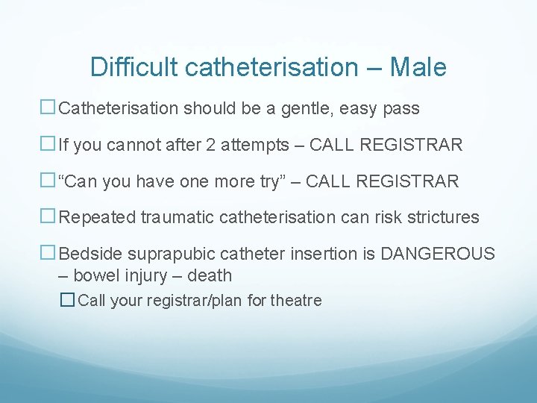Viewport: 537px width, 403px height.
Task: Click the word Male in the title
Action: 418,67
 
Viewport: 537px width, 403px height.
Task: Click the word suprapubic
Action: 162,254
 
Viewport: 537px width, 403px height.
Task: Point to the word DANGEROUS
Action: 437,254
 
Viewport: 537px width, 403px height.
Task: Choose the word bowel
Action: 95,275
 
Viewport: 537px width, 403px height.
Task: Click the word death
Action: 210,275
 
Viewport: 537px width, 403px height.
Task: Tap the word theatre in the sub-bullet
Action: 296,301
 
